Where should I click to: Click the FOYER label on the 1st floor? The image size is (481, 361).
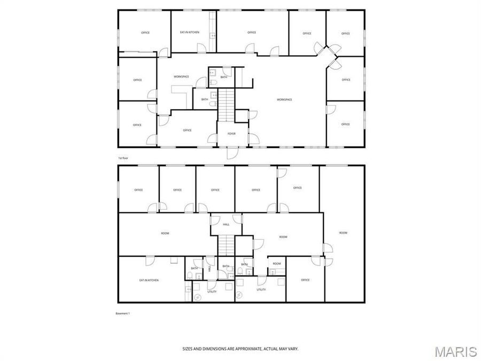click(x=232, y=134)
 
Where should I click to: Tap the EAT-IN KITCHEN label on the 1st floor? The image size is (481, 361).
click(x=190, y=33)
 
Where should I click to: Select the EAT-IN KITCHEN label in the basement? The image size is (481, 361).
click(x=149, y=280)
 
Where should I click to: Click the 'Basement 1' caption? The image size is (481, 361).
click(x=123, y=313)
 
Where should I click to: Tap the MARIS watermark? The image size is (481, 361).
click(x=455, y=351)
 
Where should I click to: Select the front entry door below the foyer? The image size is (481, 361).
click(x=232, y=153)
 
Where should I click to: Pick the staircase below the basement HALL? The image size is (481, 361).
click(x=226, y=245)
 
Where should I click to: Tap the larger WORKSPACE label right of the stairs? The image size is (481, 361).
click(x=284, y=99)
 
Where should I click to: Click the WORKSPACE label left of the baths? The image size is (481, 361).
click(x=181, y=76)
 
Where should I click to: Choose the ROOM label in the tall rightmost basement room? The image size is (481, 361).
click(x=343, y=233)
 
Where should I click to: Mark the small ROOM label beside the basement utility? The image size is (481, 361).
click(x=277, y=264)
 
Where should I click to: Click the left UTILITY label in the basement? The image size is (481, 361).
click(x=212, y=291)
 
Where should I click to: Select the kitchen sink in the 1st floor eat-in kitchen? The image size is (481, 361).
click(x=213, y=35)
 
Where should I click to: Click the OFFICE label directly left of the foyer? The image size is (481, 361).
click(x=187, y=130)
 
